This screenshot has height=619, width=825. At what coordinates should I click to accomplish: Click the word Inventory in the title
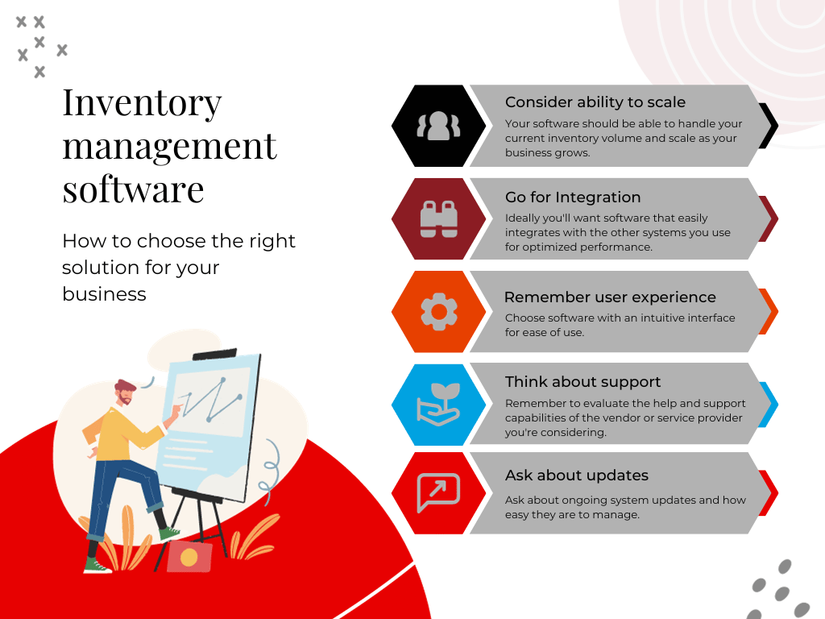(142, 104)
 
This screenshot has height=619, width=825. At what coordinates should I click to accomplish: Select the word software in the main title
(133, 189)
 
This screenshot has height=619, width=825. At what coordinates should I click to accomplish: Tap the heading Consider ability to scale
(595, 102)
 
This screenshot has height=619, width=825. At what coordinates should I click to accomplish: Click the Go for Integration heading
(573, 197)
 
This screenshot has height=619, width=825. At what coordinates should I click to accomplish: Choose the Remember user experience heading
(610, 297)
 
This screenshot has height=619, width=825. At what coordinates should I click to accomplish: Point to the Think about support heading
(582, 382)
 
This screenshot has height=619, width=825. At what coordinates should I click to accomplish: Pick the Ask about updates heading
(577, 476)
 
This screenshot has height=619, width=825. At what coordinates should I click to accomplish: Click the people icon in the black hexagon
(438, 126)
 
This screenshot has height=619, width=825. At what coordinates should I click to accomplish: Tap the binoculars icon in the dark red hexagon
(438, 218)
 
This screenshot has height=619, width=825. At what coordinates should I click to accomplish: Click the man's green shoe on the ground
(97, 566)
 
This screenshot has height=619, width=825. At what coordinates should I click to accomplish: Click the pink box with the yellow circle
(189, 556)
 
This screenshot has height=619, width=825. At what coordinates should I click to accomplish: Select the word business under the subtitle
(104, 294)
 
